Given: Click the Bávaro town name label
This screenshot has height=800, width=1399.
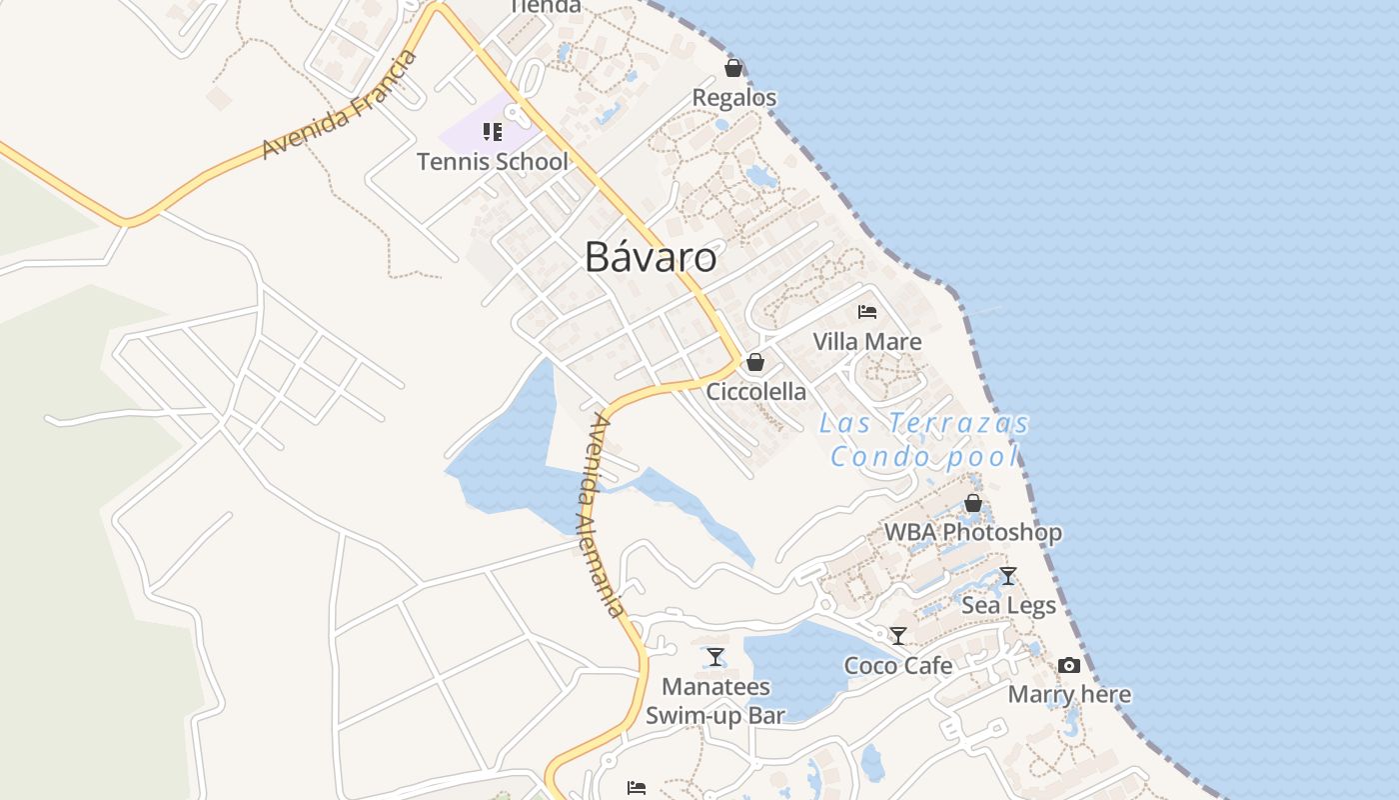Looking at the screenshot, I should [x=651, y=257].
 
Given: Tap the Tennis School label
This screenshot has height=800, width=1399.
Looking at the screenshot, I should [x=492, y=161].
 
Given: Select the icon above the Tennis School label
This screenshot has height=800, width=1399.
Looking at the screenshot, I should [x=492, y=132].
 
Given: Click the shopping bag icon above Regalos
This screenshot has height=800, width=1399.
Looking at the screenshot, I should [x=733, y=68].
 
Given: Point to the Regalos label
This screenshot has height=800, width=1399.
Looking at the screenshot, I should [x=734, y=97].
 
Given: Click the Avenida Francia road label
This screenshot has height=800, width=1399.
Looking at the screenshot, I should [x=340, y=104].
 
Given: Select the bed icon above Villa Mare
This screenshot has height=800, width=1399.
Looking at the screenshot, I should [x=867, y=312].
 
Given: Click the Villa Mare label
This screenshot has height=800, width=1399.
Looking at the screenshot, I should [x=866, y=341].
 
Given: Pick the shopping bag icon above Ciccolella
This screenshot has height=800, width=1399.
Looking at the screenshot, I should [x=755, y=362].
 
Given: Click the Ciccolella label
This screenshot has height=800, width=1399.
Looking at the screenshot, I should [x=755, y=391].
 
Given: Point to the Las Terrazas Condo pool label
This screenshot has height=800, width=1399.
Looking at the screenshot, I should [x=924, y=440].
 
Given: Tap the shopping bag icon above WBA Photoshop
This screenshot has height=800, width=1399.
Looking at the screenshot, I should [x=972, y=503].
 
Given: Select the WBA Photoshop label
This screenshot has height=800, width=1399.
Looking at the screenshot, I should [x=972, y=532].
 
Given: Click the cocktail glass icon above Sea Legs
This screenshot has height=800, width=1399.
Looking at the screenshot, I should [x=1008, y=576].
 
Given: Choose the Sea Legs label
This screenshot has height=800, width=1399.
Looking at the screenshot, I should [x=1008, y=605].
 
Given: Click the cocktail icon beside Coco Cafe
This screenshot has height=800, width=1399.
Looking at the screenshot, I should [x=898, y=636].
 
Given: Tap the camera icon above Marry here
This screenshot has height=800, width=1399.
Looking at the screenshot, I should [x=1069, y=665].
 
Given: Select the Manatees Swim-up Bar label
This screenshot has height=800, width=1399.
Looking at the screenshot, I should [x=715, y=700].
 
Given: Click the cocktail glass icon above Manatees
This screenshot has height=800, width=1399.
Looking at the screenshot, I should [x=715, y=657].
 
